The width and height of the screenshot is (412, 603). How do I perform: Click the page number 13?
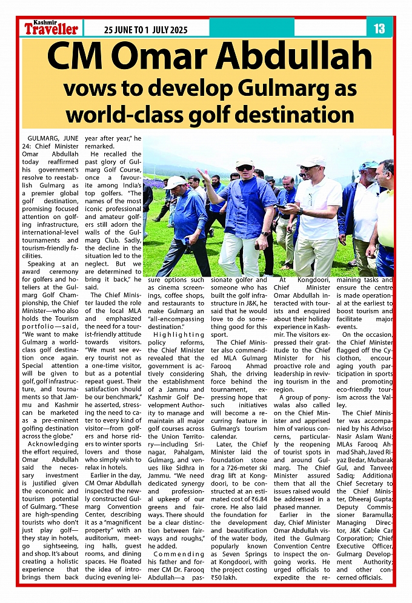(379, 28)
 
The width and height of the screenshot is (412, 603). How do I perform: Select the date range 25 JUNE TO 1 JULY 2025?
(145, 30)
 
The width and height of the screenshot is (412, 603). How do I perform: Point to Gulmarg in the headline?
(279, 88)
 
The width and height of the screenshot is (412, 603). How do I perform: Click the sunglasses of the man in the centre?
(245, 167)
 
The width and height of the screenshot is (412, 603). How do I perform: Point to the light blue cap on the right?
(368, 166)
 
